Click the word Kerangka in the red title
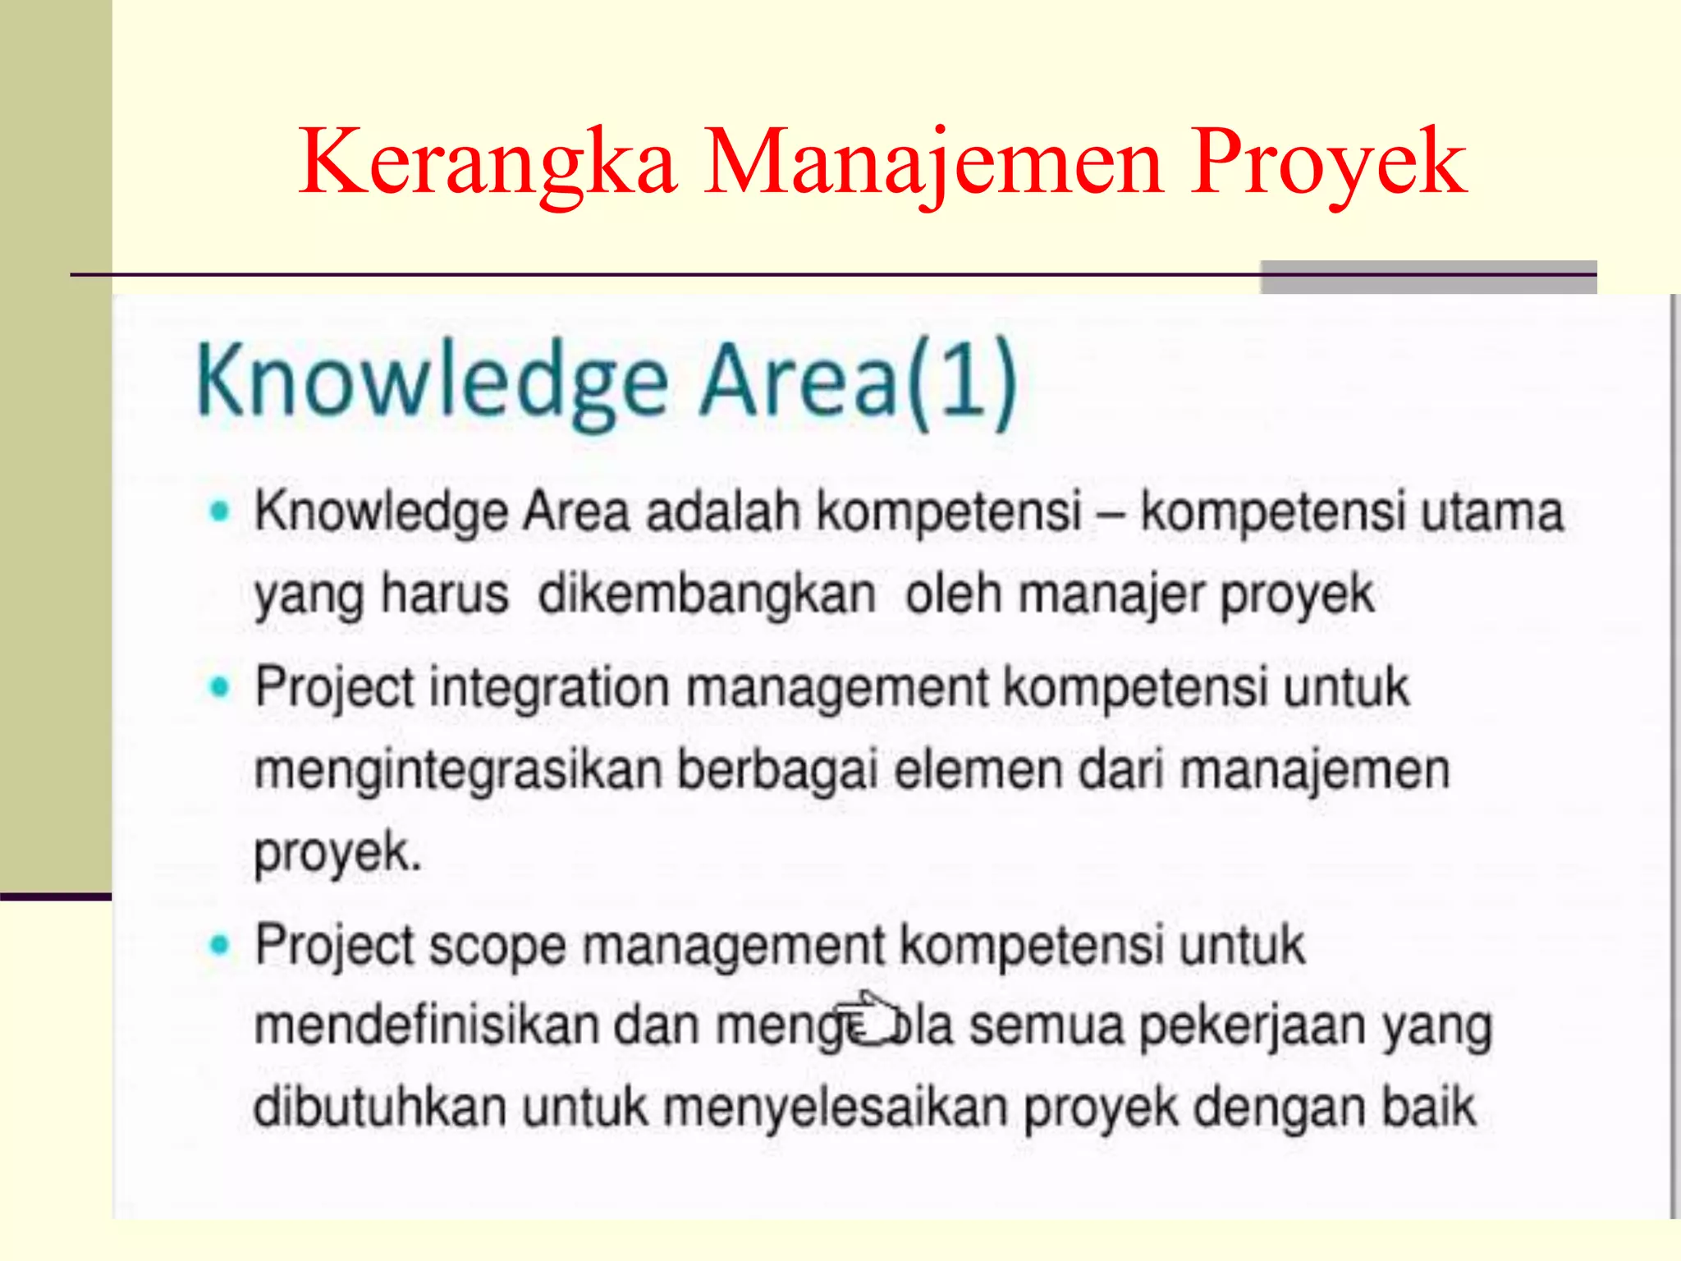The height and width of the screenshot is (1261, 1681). [488, 162]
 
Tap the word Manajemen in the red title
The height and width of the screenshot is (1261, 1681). [933, 162]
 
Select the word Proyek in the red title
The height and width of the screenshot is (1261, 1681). [1328, 162]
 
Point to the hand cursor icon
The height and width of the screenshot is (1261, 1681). [868, 1020]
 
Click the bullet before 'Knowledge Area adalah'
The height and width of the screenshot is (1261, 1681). [218, 511]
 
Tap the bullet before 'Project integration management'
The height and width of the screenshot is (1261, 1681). [218, 687]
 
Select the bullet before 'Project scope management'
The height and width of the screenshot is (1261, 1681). [218, 945]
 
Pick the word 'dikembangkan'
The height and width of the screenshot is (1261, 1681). [707, 594]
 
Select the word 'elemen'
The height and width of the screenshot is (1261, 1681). [978, 770]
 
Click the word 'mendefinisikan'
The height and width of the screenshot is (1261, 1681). [427, 1025]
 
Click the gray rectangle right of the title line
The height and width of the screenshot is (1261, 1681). [1428, 277]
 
